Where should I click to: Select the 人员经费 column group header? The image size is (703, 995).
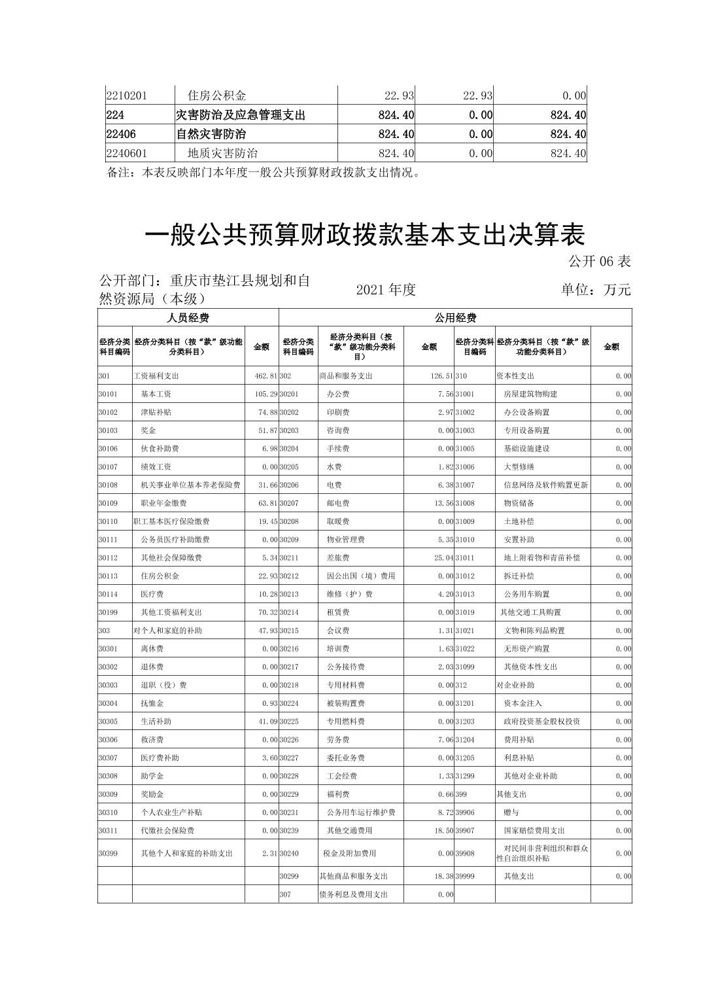[x=188, y=318]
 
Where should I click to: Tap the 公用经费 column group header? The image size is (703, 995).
[x=455, y=318]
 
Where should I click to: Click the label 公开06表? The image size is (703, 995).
[x=599, y=262]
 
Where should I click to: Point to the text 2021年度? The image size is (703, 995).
[x=386, y=290]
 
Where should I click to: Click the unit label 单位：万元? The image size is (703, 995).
[x=595, y=290]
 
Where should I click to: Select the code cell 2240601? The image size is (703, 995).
[x=127, y=153]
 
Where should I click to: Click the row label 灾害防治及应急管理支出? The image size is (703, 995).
[x=241, y=115]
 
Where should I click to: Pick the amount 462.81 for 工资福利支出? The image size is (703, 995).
[x=266, y=376]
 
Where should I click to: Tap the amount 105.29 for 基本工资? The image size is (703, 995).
[x=266, y=394]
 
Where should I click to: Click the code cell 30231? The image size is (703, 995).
[x=288, y=812]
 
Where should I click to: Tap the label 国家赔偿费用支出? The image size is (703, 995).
[x=534, y=831]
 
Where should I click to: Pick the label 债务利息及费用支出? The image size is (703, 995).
[x=353, y=894]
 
